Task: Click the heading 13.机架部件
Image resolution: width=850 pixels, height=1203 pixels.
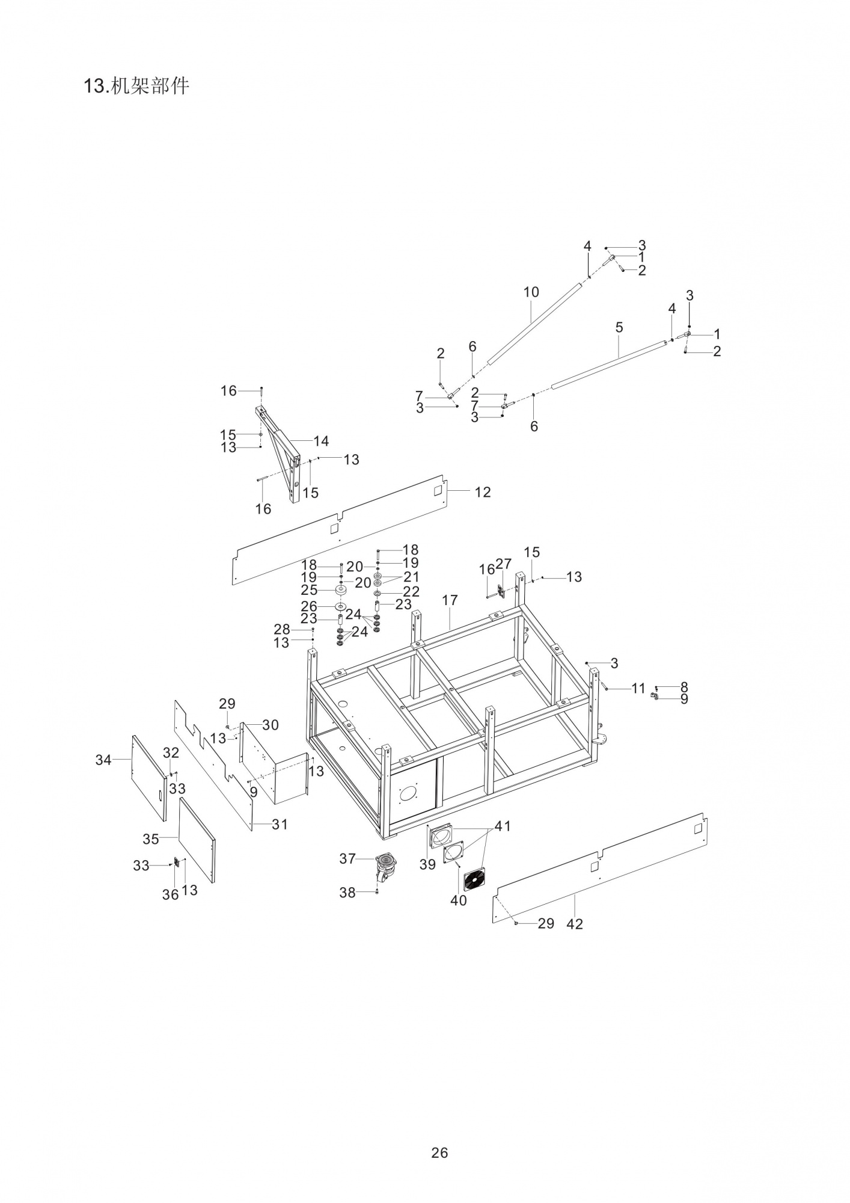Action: click(x=136, y=86)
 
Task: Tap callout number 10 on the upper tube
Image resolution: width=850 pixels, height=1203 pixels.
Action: click(x=531, y=292)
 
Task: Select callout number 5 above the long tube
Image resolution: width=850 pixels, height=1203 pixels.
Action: click(x=619, y=327)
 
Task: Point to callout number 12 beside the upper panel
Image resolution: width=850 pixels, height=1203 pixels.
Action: click(x=483, y=492)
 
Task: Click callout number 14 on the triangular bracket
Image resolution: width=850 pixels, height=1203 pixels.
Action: click(x=321, y=441)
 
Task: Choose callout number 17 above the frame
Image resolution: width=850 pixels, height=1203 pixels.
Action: click(x=450, y=600)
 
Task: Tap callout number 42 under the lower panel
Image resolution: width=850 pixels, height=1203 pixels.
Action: click(x=575, y=924)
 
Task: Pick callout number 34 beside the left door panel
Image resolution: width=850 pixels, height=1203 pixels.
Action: click(x=103, y=760)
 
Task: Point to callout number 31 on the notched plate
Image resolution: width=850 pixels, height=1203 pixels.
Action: click(x=280, y=824)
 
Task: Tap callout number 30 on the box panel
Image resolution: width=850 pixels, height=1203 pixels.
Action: click(x=271, y=725)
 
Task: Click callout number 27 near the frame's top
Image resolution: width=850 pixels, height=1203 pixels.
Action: click(x=503, y=564)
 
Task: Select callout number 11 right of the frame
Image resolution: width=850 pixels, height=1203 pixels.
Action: click(x=638, y=688)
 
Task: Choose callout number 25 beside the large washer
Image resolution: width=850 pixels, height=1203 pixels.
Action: click(x=309, y=590)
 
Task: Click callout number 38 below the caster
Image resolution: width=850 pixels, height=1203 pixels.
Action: click(x=347, y=893)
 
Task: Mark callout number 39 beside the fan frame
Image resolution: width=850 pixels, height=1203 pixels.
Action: click(x=427, y=864)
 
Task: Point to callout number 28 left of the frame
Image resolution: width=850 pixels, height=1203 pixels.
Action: click(x=281, y=629)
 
